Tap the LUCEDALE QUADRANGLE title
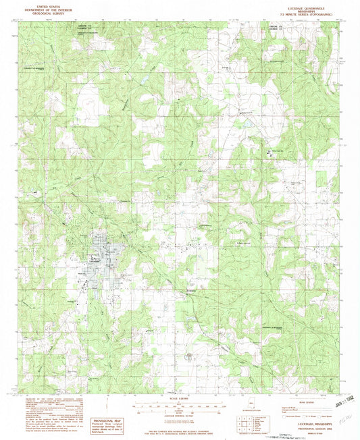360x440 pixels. pos(298,4)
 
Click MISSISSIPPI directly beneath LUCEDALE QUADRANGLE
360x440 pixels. pos(298,7)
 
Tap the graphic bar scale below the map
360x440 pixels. pos(179,407)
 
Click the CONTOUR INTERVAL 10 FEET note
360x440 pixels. pos(179,414)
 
